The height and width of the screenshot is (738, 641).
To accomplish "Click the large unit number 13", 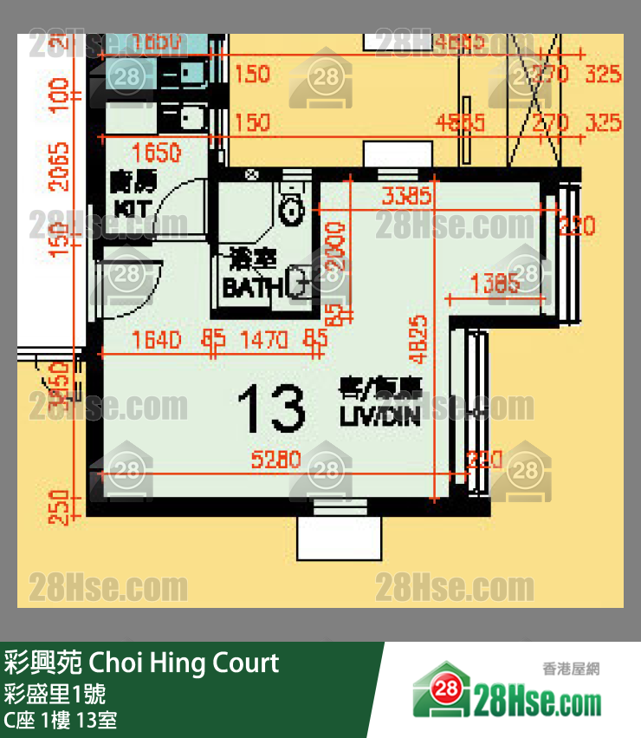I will pos(271,408).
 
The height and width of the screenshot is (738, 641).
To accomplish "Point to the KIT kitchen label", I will pos(132,208).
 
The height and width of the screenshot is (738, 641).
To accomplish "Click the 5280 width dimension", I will pos(276,460).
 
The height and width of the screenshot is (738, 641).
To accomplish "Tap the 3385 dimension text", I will pos(404,196).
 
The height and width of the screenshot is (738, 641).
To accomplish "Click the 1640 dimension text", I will pos(157,340).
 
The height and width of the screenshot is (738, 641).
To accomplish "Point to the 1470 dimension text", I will pos(264,340).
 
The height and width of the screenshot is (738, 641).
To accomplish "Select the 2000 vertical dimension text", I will pos(335,248).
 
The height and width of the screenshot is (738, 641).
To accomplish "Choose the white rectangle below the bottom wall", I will pos(339,539).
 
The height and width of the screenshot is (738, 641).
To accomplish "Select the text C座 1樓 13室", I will pos(61,720).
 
